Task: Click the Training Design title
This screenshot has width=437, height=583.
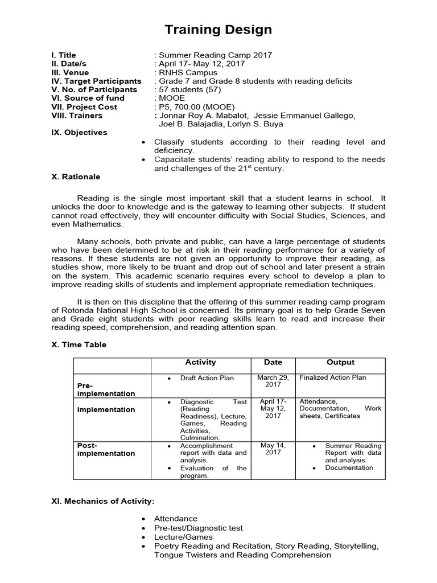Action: [x=218, y=30]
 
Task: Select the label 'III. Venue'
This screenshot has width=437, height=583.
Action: [x=70, y=72]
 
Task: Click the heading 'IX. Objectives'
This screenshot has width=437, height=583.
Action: [x=79, y=132]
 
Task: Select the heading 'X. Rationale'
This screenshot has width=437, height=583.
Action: [x=76, y=176]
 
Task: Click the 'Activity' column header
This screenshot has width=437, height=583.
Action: [x=200, y=362]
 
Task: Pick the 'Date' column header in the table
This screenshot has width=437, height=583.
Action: [x=273, y=362]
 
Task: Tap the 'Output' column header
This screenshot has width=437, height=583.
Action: [x=340, y=362]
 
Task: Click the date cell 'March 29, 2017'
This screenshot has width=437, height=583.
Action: [x=273, y=381]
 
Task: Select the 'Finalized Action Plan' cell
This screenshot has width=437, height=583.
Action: [x=333, y=377]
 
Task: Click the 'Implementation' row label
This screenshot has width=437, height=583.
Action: [x=106, y=409]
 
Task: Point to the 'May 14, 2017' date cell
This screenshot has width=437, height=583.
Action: [x=273, y=449]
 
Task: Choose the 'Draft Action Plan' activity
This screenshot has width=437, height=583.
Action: [x=207, y=377]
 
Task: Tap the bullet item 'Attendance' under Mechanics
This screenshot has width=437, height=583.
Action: [x=176, y=519]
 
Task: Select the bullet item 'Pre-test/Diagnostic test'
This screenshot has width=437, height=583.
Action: [x=199, y=528]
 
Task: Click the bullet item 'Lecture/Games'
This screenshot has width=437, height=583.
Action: [x=183, y=537]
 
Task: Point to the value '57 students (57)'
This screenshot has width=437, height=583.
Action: [x=187, y=89]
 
